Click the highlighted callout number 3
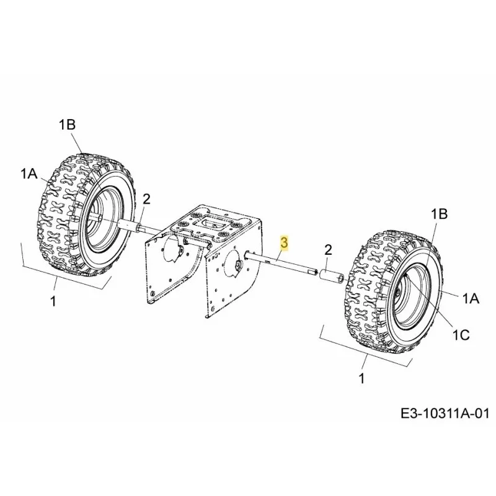[284, 243]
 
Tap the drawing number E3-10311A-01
[445, 413]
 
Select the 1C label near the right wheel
[461, 335]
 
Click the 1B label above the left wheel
[67, 125]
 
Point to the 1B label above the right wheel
[440, 214]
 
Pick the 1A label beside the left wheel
[29, 174]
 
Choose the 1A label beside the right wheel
[471, 298]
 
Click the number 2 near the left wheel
[146, 199]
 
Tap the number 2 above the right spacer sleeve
[329, 250]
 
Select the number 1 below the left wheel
[53, 301]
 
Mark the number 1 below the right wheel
[361, 378]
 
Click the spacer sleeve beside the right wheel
[332, 274]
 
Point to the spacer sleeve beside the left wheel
[129, 226]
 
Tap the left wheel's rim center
[100, 218]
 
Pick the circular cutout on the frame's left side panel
[173, 249]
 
